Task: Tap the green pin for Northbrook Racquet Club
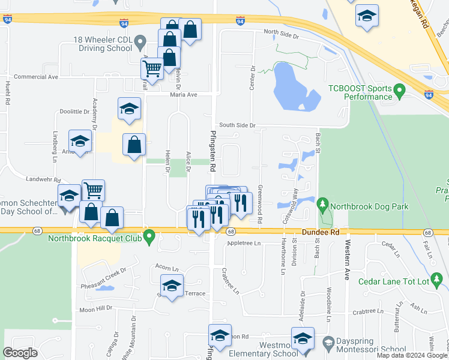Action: click(x=151, y=237)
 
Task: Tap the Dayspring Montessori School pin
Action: click(x=328, y=343)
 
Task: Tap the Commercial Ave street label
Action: click(x=36, y=77)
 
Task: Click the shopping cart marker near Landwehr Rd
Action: click(x=93, y=190)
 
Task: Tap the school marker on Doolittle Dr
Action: click(x=129, y=109)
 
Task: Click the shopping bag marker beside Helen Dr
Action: click(x=134, y=145)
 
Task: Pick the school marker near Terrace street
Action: click(x=172, y=286)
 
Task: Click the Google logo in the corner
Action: click(x=20, y=353)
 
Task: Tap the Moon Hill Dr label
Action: click(x=96, y=308)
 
